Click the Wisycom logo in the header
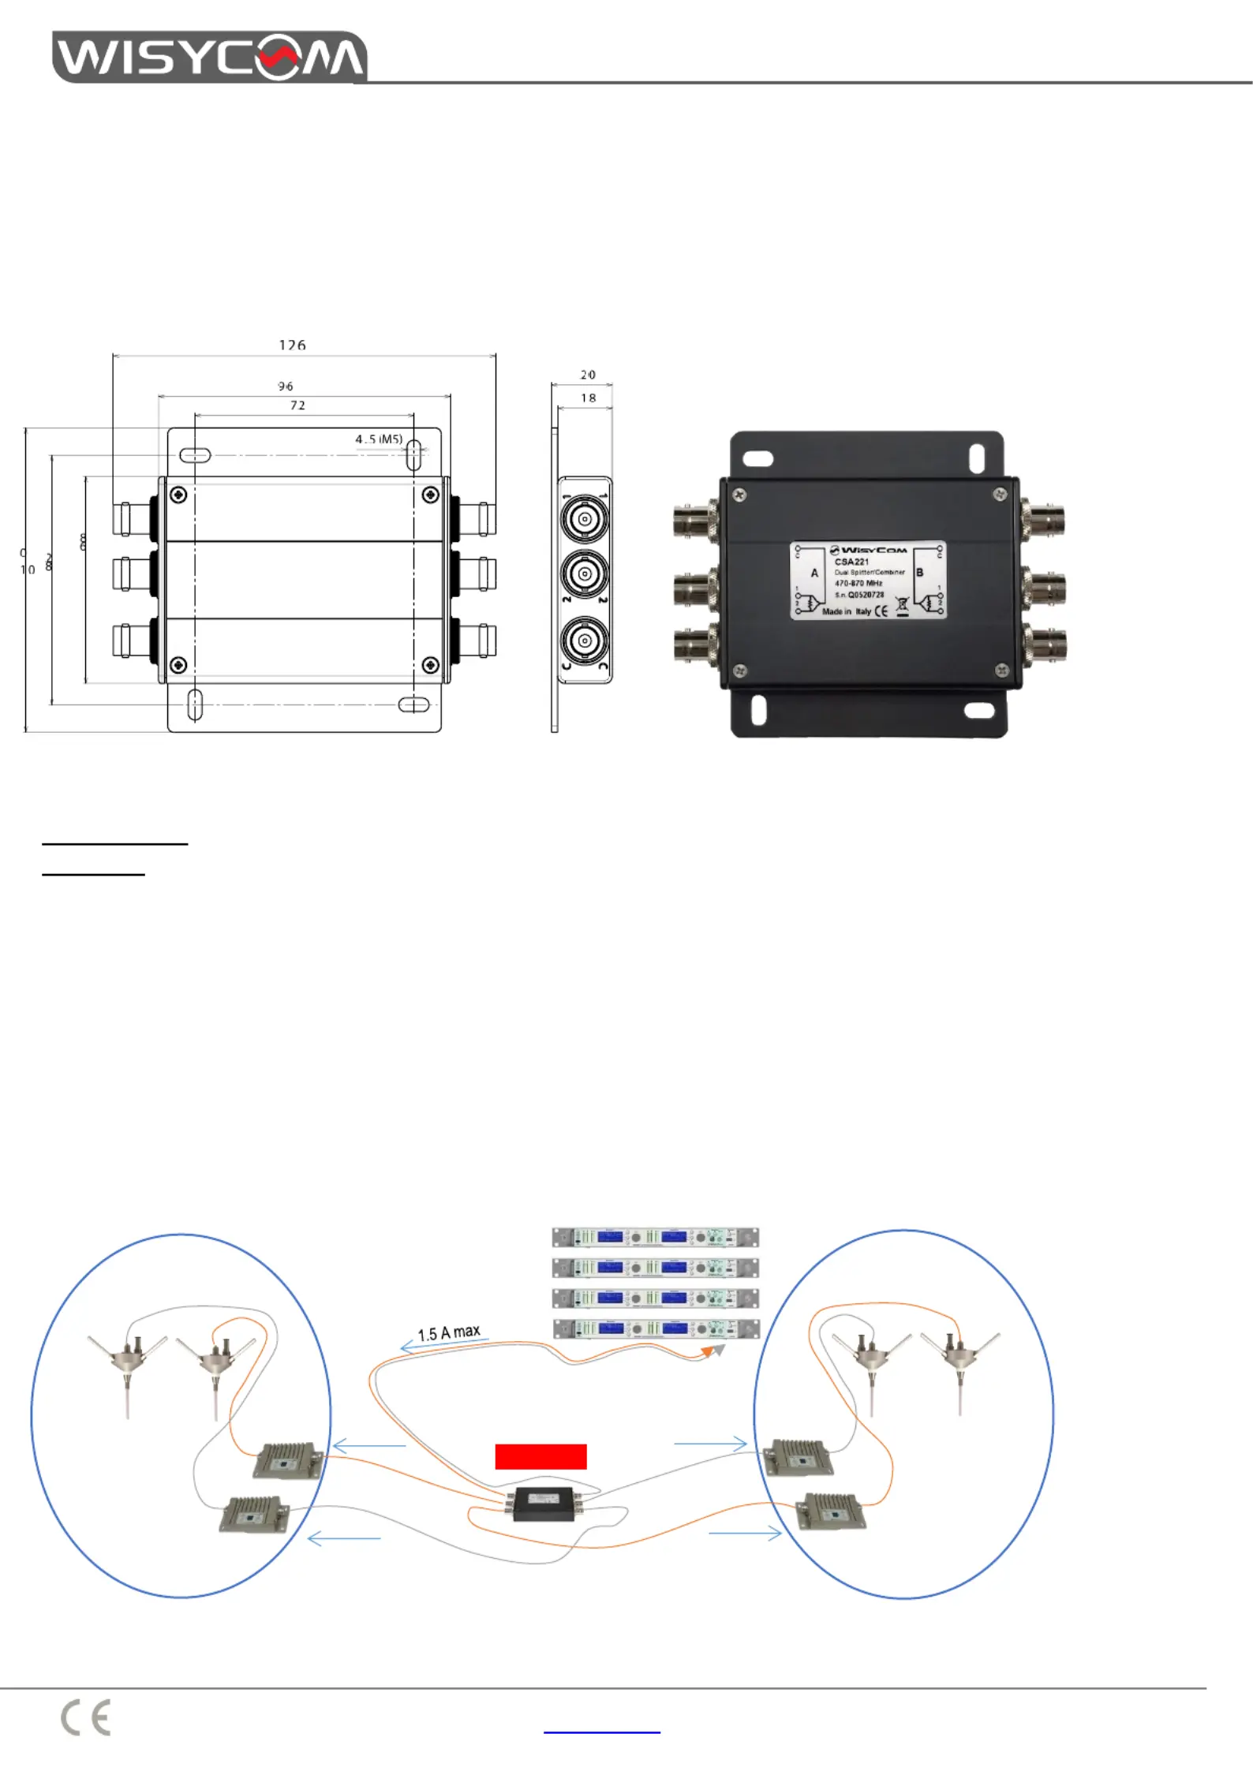pyautogui.click(x=209, y=56)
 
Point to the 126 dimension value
pyautogui.click(x=292, y=345)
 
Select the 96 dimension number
pyautogui.click(x=286, y=386)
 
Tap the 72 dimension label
pyautogui.click(x=297, y=405)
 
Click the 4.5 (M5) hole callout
pyautogui.click(x=379, y=439)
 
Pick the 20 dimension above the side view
pyautogui.click(x=588, y=375)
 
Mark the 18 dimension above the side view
pyautogui.click(x=588, y=398)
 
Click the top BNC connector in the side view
pyautogui.click(x=585, y=520)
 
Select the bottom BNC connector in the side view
pyautogui.click(x=585, y=641)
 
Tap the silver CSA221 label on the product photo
pyautogui.click(x=868, y=580)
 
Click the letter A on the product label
pyautogui.click(x=814, y=573)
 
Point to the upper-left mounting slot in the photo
pyautogui.click(x=758, y=458)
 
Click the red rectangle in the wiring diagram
pyautogui.click(x=540, y=1456)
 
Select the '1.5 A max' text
pyautogui.click(x=449, y=1332)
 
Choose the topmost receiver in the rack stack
pyautogui.click(x=655, y=1237)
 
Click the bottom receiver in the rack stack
pyautogui.click(x=655, y=1328)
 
